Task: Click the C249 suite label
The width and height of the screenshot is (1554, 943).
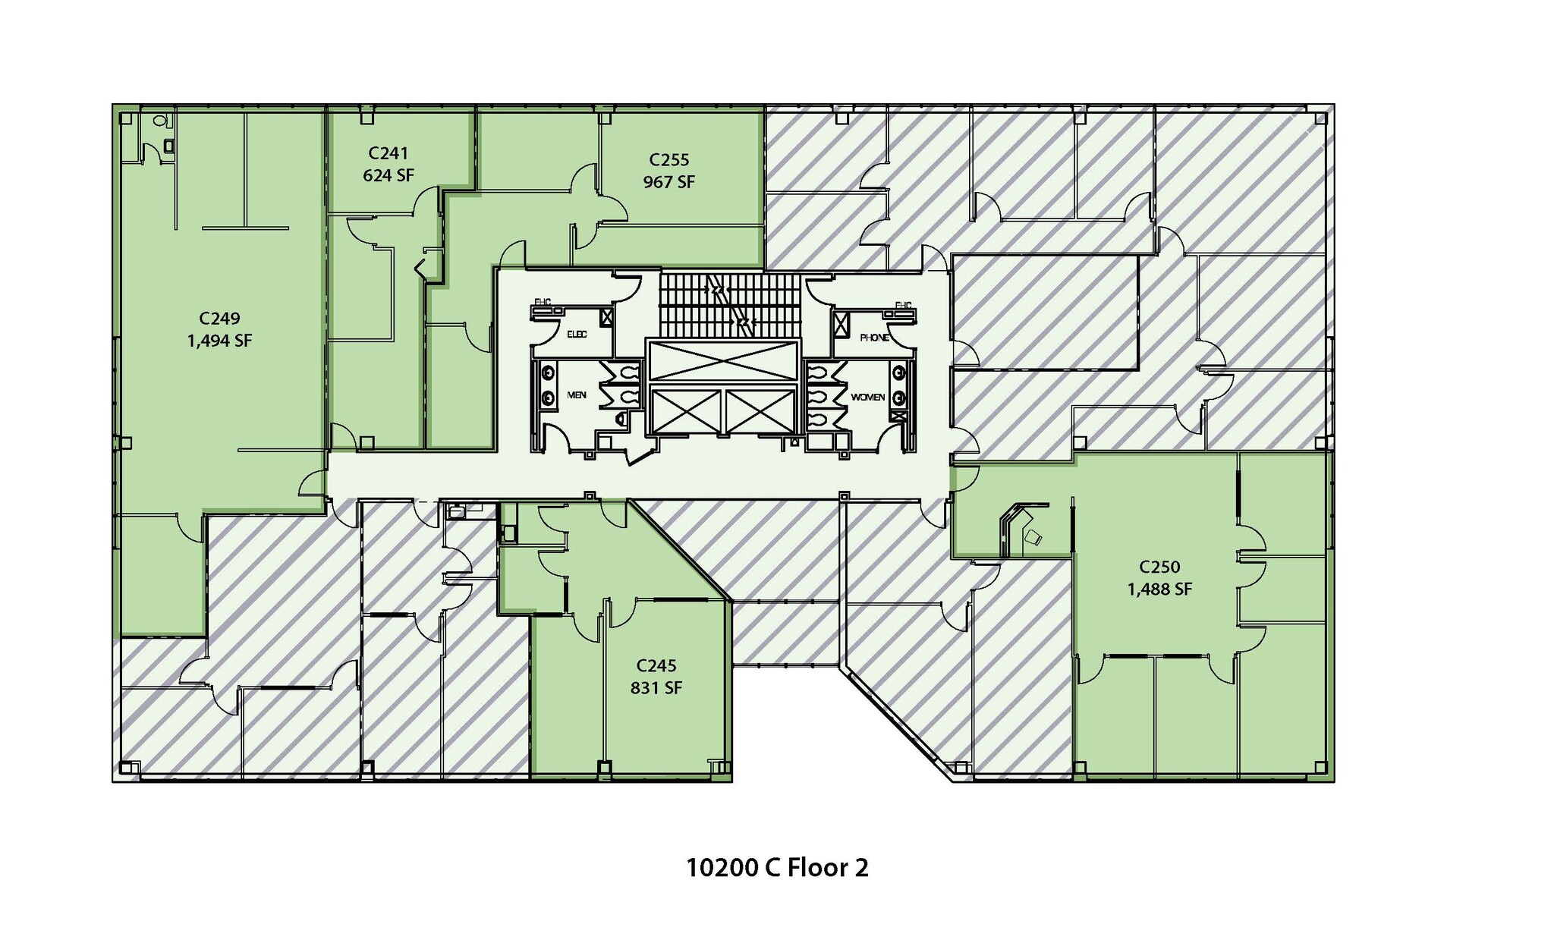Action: pos(220,319)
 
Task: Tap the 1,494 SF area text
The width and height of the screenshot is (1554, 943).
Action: pos(220,341)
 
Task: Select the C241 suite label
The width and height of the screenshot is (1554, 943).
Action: pos(388,153)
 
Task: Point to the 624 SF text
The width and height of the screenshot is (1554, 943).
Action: pos(388,176)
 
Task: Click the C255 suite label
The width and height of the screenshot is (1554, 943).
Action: pos(669,160)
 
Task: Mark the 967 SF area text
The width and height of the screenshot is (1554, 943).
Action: pos(669,183)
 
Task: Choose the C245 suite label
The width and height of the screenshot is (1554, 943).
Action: pos(656,666)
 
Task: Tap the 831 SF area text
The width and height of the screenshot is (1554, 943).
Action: pos(656,689)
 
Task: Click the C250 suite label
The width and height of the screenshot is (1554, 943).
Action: pos(1159,567)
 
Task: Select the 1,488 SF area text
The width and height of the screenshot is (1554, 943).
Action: pos(1159,589)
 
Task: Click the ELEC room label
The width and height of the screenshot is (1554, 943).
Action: pos(577,335)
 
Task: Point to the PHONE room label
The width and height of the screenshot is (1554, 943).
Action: pos(874,338)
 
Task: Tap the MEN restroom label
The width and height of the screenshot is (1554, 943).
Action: pos(577,395)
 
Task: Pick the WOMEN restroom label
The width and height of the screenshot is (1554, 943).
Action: pos(867,397)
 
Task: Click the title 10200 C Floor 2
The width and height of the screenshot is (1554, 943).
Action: pos(777,867)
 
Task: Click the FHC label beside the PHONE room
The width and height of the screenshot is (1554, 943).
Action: pos(903,306)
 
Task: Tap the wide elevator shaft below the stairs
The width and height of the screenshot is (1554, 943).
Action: pos(722,360)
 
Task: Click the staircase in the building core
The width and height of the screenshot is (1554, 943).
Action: pos(730,305)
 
